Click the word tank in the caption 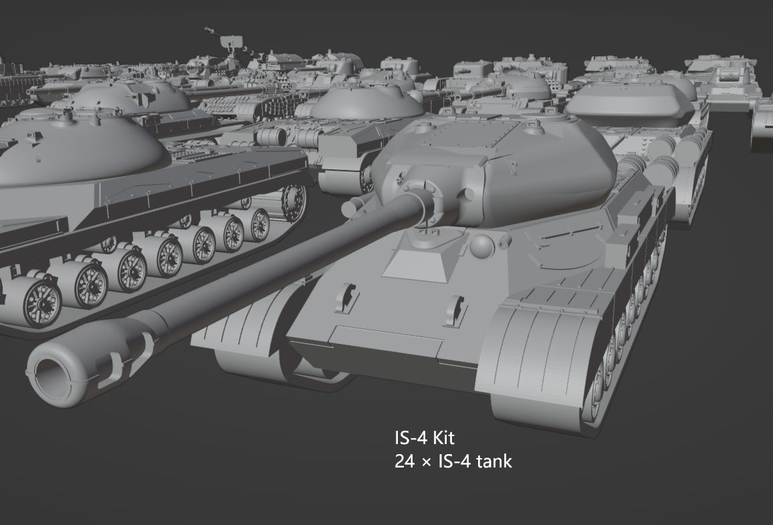click(496, 461)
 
